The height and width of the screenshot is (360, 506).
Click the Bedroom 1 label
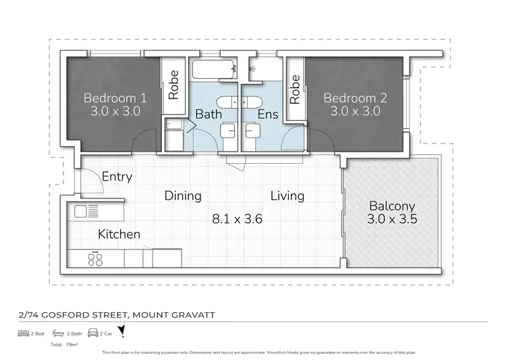(115, 98)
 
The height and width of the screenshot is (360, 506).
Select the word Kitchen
(119, 234)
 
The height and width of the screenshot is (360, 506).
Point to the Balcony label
(391, 206)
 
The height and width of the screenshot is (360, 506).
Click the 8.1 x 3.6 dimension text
(237, 219)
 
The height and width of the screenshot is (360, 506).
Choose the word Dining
(183, 196)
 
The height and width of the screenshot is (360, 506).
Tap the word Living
(287, 196)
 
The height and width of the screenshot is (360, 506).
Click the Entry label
(117, 177)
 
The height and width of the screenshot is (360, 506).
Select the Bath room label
(208, 115)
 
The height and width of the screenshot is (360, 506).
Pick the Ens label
(268, 115)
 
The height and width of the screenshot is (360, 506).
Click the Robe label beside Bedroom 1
(173, 86)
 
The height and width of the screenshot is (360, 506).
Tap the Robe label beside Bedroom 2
(295, 89)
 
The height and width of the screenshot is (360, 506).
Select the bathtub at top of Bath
(213, 68)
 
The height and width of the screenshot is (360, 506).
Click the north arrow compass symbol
(121, 331)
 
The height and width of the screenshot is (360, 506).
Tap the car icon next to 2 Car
(92, 333)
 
